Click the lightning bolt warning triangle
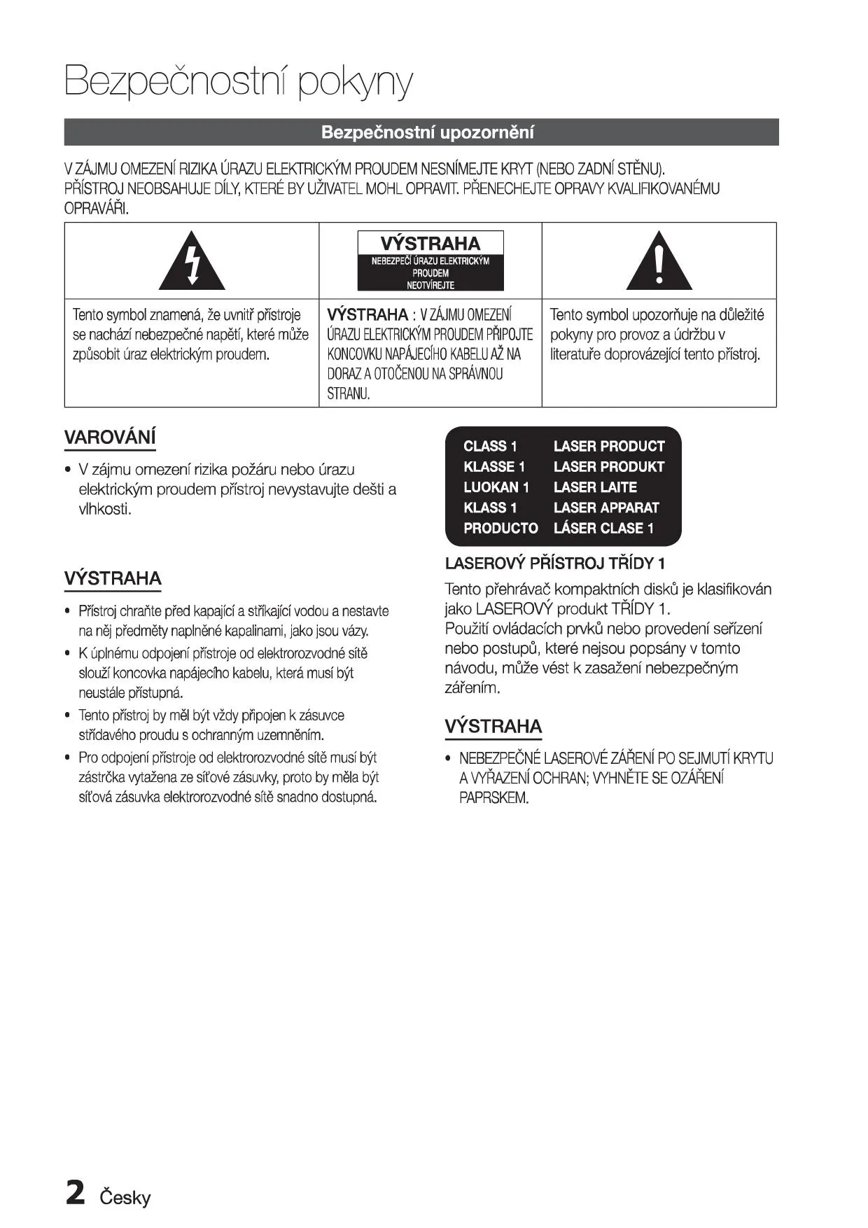point(192,263)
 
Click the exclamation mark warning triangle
point(659,263)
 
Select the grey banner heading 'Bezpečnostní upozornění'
point(427,132)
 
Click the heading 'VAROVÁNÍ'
point(110,438)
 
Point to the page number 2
point(75,1193)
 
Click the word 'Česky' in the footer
point(125,1198)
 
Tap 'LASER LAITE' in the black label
point(595,487)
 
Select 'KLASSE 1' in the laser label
point(494,467)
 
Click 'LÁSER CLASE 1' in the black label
point(603,529)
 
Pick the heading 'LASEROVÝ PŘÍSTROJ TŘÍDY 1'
point(555,564)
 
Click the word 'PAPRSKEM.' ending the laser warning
point(493,798)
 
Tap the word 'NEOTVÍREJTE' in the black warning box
point(430,286)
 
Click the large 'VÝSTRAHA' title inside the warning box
point(430,244)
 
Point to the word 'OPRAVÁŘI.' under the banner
point(97,209)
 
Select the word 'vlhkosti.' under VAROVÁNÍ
point(105,509)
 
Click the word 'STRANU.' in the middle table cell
point(348,393)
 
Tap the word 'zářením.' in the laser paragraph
point(472,688)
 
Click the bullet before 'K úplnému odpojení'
point(67,654)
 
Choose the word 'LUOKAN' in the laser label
point(491,487)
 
